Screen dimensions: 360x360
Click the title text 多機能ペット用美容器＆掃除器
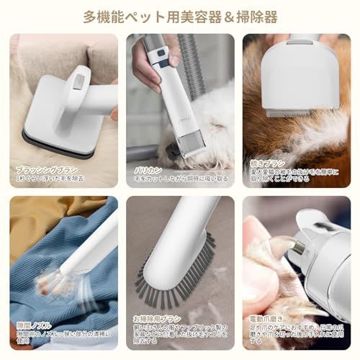(x=180, y=16)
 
